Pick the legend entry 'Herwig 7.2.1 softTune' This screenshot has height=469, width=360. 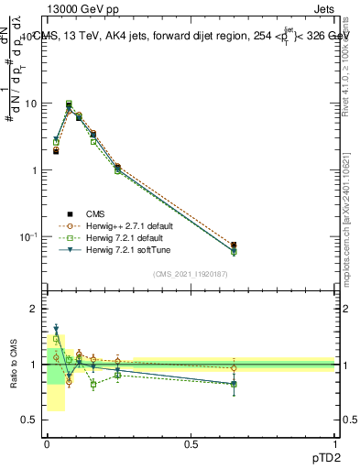[x=119, y=250]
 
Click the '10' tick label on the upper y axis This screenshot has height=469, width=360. [x=30, y=104]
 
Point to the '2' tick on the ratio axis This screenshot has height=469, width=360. [x=33, y=309]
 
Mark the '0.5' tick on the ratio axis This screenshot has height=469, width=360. [x=28, y=420]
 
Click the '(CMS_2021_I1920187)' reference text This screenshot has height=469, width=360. [x=191, y=272]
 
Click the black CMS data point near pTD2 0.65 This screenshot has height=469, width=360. [x=234, y=245]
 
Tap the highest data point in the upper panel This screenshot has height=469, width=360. [x=69, y=104]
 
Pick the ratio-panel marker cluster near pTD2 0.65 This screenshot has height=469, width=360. [x=234, y=383]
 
